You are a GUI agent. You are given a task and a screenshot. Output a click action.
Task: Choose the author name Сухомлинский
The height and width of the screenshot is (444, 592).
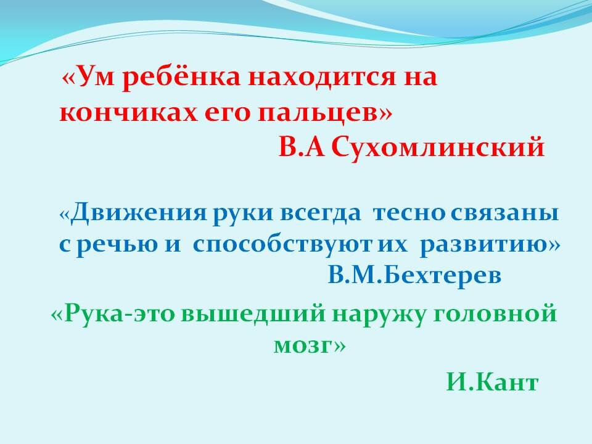438,148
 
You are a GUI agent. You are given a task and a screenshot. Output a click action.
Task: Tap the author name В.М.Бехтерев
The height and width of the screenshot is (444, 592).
414,276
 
